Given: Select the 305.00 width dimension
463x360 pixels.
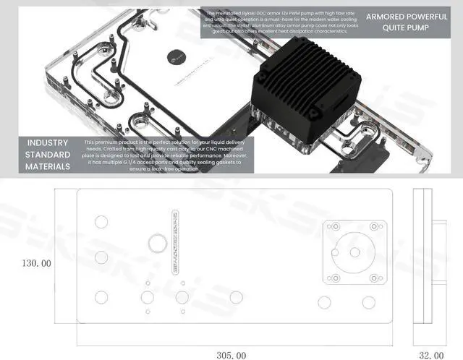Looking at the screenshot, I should (x=231, y=355).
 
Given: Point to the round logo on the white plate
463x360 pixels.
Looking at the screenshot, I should (x=177, y=55).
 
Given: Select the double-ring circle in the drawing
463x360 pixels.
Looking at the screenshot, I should (x=156, y=242).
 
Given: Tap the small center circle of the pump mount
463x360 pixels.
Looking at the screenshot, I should (x=354, y=252).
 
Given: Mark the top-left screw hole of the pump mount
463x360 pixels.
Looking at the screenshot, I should (x=334, y=226).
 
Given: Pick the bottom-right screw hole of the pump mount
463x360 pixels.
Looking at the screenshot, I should (x=374, y=278).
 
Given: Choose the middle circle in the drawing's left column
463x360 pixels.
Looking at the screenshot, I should (x=101, y=258).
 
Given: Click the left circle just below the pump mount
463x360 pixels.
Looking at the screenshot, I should (x=324, y=301).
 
